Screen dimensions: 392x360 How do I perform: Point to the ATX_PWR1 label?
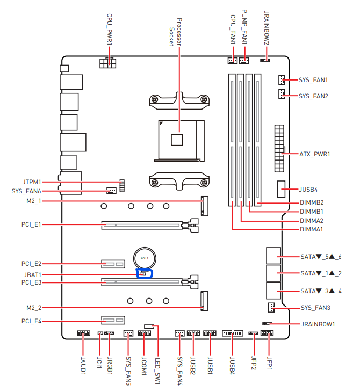(x=314, y=154)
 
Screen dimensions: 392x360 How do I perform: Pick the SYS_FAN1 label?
(x=313, y=80)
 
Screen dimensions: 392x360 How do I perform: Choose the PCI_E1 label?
(x=31, y=224)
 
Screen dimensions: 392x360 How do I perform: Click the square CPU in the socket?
(x=177, y=139)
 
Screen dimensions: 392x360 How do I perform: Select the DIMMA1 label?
(x=312, y=230)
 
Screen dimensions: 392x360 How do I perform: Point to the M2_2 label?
(x=33, y=308)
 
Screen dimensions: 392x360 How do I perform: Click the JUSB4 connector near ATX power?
(x=282, y=189)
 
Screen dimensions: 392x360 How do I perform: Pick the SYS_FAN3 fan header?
(x=271, y=308)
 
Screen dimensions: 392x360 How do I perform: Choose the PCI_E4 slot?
(x=112, y=321)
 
